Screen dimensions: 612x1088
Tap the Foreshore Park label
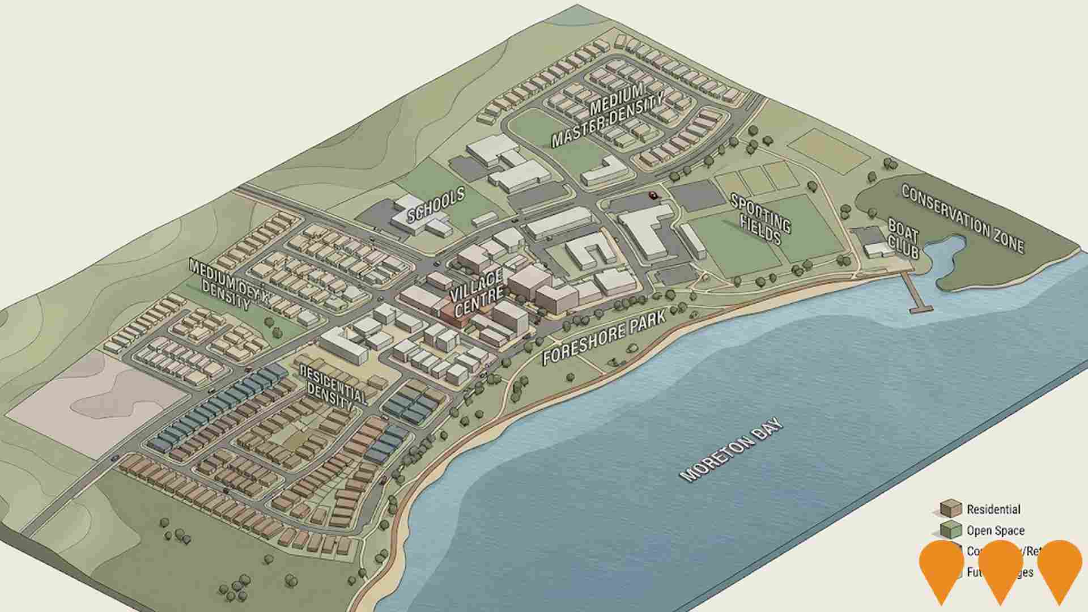604,337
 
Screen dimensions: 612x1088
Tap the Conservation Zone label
962,218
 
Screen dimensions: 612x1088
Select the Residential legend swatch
951,508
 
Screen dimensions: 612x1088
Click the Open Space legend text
995,531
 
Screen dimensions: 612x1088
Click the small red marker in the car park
653,195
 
